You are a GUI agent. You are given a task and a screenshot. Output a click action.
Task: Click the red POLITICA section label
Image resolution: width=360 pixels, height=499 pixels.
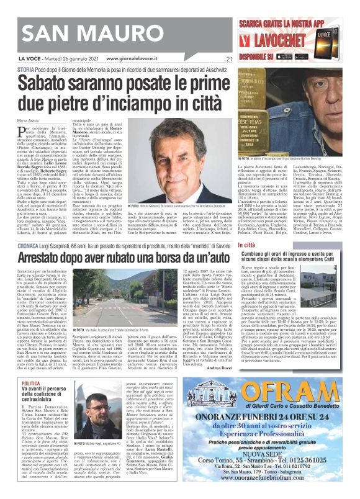tap(31, 367)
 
